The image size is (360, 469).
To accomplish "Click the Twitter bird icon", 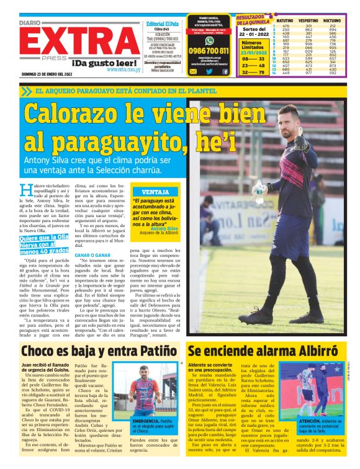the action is (210, 71).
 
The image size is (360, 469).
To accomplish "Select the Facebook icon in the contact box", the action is (225, 71).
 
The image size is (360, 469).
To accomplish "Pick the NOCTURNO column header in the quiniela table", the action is (332, 20).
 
